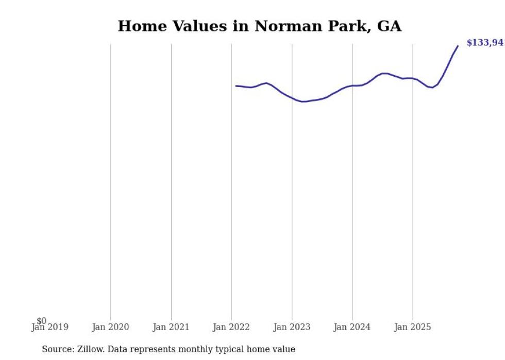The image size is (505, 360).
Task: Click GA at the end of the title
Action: click(389, 26)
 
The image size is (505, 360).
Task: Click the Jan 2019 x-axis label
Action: click(49, 327)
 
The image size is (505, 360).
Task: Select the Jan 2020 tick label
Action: click(110, 327)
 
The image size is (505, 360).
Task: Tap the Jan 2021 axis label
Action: click(171, 327)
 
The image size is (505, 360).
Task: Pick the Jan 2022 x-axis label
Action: click(231, 327)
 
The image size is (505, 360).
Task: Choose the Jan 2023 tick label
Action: click(292, 327)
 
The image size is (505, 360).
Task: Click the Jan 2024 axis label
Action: click(352, 327)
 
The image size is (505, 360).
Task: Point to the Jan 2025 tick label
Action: click(413, 327)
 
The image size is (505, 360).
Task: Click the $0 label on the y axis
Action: click(41, 321)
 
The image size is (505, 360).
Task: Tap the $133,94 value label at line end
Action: click(484, 43)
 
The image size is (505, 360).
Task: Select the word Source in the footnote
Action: click(57, 349)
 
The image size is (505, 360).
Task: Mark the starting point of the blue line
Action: click(236, 86)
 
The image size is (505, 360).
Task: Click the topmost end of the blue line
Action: click(458, 46)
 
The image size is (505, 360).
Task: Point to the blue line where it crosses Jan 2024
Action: click(352, 85)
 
